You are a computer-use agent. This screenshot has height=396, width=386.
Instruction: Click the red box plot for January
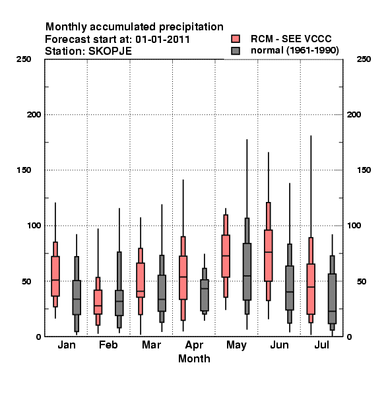pos(55,276)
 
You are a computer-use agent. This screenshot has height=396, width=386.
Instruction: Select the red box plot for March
pos(141,280)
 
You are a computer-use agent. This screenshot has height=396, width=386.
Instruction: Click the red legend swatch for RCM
pos(236,39)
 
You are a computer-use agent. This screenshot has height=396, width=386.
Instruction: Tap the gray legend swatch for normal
pos(236,51)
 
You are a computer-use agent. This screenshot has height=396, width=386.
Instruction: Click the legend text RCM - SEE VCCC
pos(291,39)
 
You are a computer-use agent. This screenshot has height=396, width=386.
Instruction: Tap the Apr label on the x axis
pos(194,345)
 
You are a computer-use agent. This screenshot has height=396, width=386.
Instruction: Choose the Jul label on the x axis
pos(321,345)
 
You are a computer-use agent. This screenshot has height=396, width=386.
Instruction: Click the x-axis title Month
pos(194,358)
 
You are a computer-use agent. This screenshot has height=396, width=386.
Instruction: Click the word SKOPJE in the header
pos(110,51)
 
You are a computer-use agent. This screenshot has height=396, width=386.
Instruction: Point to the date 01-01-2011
pos(162,40)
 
